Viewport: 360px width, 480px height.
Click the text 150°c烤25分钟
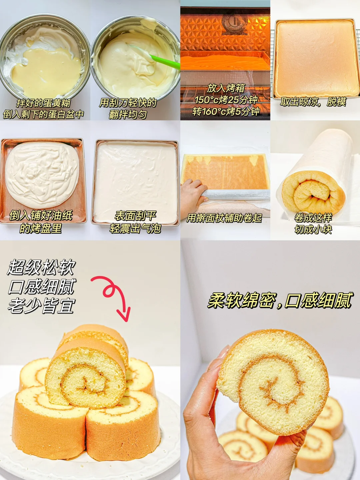(x=226, y=100)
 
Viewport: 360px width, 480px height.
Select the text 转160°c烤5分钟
(x=226, y=111)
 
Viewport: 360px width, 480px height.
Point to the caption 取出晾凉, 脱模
(x=313, y=102)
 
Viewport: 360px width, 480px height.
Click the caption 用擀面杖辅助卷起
(x=224, y=218)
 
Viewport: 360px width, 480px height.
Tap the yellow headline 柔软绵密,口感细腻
(x=280, y=301)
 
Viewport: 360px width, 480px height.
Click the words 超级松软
(x=42, y=267)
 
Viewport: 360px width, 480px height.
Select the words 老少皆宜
(x=42, y=306)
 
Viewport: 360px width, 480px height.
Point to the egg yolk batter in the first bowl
(x=45, y=72)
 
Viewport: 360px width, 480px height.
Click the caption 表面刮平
(x=135, y=216)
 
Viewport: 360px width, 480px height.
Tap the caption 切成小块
(x=313, y=229)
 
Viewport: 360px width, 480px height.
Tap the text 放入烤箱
(x=226, y=88)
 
